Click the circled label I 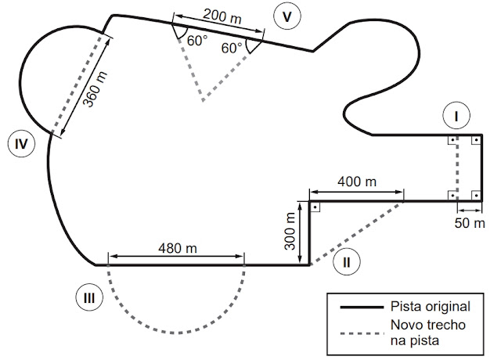tap(455, 117)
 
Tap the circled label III tap(89, 297)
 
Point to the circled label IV tap(21, 143)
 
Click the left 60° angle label tap(196, 41)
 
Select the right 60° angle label tap(231, 48)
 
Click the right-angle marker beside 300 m tap(315, 207)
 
